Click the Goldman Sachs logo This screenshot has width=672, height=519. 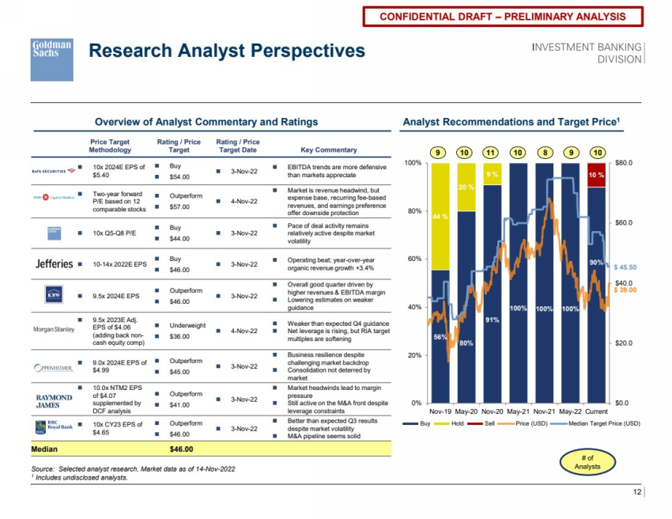click(51, 59)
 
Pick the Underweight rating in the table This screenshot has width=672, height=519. click(188, 324)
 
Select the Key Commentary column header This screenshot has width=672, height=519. click(329, 150)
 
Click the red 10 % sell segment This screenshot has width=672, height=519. click(596, 174)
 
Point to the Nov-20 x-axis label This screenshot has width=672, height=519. click(492, 412)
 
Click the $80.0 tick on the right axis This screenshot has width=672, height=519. click(625, 163)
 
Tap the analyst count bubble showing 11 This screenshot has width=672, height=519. click(492, 152)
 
